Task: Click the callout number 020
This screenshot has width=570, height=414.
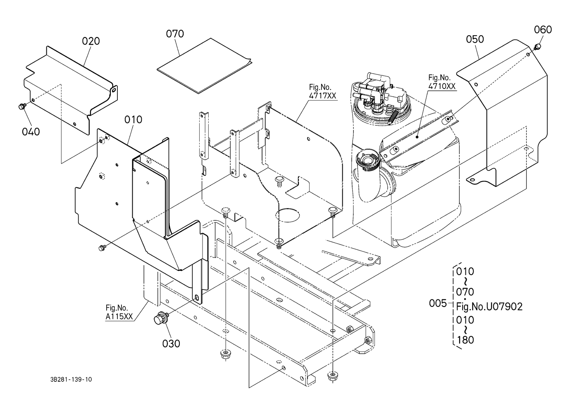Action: tap(91, 41)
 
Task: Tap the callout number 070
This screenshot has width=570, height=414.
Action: tap(175, 34)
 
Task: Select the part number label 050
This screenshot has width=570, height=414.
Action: tap(475, 39)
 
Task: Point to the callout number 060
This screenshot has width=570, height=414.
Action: tap(543, 30)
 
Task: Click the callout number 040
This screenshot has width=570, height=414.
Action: tap(31, 132)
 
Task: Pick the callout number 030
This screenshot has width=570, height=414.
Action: tap(171, 343)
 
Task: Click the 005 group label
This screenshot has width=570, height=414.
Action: tap(438, 303)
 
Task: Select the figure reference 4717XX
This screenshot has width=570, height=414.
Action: tap(322, 96)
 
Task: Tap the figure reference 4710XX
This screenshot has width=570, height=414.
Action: tap(442, 86)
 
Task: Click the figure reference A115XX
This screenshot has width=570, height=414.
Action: tap(119, 316)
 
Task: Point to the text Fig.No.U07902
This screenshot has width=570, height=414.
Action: tap(489, 306)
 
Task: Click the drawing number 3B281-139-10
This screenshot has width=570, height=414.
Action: tap(71, 379)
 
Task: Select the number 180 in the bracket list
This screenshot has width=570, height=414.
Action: tap(465, 340)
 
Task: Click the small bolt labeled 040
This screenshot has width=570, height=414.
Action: tap(21, 106)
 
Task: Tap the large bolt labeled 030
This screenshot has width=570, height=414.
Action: tap(160, 318)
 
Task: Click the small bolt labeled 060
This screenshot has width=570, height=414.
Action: tap(538, 46)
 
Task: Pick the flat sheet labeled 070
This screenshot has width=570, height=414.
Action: tap(204, 66)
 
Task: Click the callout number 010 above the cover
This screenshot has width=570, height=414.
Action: tap(133, 120)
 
